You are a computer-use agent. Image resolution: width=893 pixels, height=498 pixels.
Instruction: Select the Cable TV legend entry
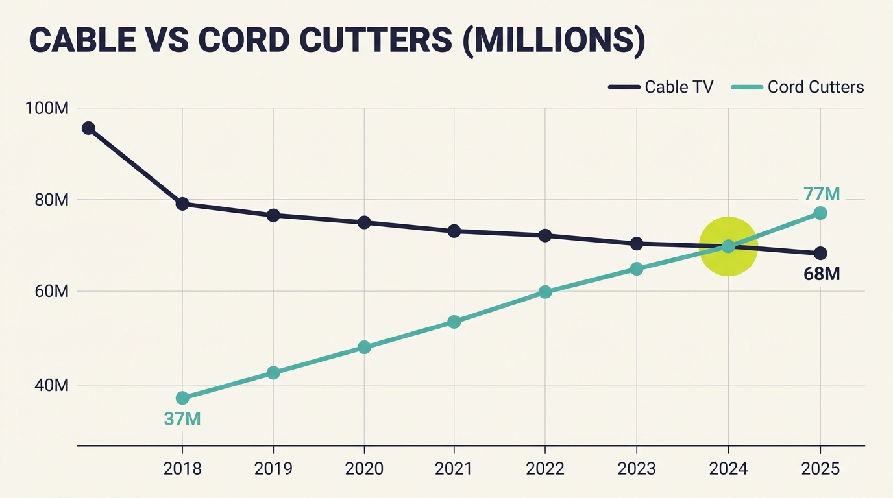(x=662, y=87)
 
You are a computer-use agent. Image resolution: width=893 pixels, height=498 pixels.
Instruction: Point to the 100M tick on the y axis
(x=47, y=108)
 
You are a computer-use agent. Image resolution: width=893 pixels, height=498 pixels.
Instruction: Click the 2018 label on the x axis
(x=182, y=468)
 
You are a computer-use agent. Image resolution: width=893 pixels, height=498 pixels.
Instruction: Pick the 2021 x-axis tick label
(x=454, y=468)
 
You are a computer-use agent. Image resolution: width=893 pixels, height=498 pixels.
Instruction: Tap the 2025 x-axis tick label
(x=820, y=468)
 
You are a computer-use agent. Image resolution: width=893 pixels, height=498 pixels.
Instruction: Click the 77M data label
(x=821, y=194)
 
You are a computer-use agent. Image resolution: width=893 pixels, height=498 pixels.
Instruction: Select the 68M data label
(x=822, y=274)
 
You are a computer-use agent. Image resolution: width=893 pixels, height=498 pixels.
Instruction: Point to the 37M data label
(x=182, y=419)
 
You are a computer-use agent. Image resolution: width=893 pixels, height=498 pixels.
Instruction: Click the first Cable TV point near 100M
(x=88, y=128)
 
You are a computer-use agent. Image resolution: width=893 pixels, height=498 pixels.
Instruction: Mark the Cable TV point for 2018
(x=182, y=204)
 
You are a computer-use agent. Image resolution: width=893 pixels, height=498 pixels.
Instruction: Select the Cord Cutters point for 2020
(x=364, y=347)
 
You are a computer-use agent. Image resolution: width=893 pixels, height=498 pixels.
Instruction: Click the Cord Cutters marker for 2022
(x=545, y=292)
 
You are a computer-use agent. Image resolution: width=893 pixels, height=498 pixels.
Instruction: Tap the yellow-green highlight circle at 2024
(x=729, y=246)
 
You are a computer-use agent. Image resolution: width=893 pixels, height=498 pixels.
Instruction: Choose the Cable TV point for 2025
(x=820, y=253)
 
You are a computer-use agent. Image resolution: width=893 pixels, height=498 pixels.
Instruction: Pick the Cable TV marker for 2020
(x=364, y=222)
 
